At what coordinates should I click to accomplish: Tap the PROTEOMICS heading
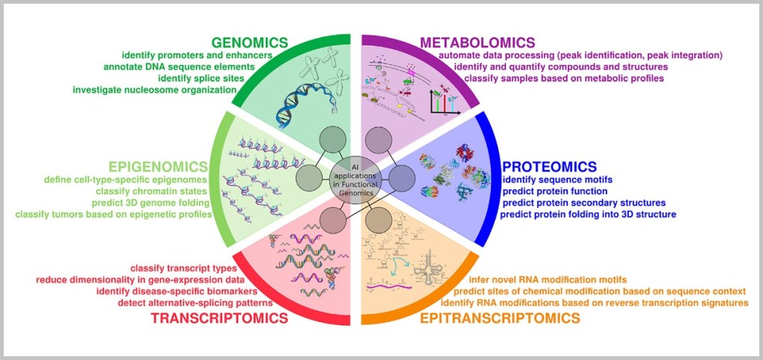coord(549,165)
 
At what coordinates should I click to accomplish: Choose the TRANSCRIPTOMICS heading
coord(219,318)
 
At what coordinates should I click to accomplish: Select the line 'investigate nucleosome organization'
coord(154,90)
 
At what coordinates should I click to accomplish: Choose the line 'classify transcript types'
coord(183,268)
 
